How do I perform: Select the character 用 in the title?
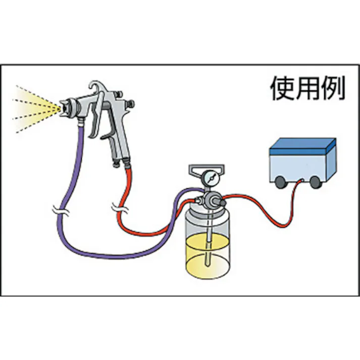pos(307,89)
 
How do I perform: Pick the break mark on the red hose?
pos(119,207)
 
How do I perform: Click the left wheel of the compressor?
pos(281,181)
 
